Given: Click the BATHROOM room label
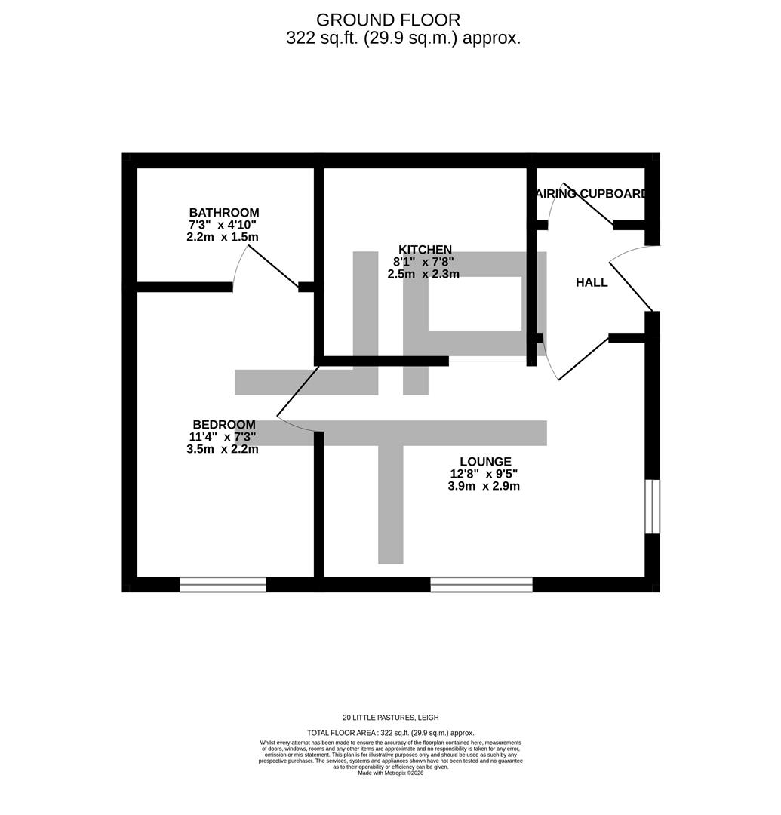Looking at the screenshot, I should tap(223, 213).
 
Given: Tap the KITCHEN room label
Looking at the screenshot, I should tap(425, 250).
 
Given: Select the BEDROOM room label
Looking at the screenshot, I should tap(223, 425).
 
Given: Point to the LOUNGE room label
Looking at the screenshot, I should tap(485, 462).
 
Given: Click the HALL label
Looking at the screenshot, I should tap(591, 283).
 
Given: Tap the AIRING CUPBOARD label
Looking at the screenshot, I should tap(592, 194).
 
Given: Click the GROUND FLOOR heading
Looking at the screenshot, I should tap(388, 20).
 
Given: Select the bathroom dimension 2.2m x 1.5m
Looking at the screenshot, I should tap(223, 237).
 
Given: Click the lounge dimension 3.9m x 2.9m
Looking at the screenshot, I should tap(483, 486).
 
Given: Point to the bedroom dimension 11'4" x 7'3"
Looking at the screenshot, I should tap(223, 437).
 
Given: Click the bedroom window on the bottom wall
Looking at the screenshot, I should tap(223, 584).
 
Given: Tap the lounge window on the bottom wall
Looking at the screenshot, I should tap(481, 584).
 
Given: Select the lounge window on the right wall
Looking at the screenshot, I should tap(652, 506).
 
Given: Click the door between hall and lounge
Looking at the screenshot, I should tap(581, 359).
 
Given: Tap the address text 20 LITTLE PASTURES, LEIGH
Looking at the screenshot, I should tap(390, 718).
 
